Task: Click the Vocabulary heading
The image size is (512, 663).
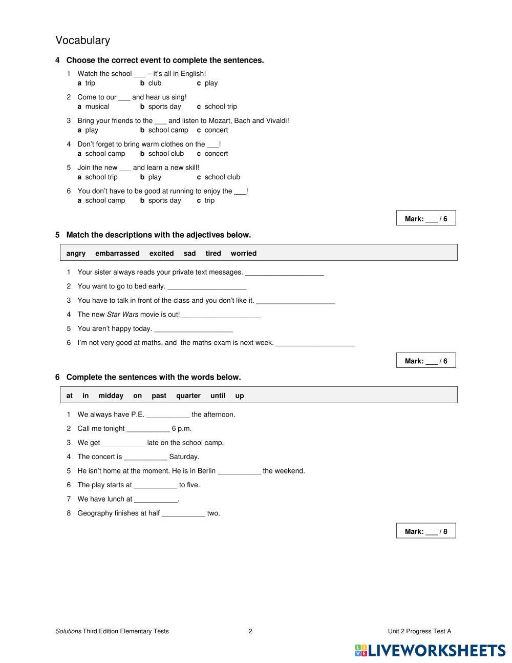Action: point(82,40)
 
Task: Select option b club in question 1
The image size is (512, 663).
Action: point(151,83)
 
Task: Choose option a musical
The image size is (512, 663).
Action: point(94,107)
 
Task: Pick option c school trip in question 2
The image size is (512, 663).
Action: point(217,107)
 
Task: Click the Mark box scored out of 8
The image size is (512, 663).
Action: point(425,531)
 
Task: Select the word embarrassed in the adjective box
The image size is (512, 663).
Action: point(117,253)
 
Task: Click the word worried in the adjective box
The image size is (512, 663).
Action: point(243,253)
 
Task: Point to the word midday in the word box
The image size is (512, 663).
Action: point(111,396)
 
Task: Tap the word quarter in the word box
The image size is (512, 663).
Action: point(188,396)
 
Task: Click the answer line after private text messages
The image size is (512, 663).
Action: point(284,273)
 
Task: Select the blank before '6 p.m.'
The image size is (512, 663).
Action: point(148,429)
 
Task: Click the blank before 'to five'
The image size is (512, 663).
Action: point(155,486)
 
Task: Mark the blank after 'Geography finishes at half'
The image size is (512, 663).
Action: point(183,514)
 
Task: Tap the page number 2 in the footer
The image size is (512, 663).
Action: point(250,631)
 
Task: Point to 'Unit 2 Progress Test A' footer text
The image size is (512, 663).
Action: point(419,631)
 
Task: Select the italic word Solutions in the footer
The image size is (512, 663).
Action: point(68,631)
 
